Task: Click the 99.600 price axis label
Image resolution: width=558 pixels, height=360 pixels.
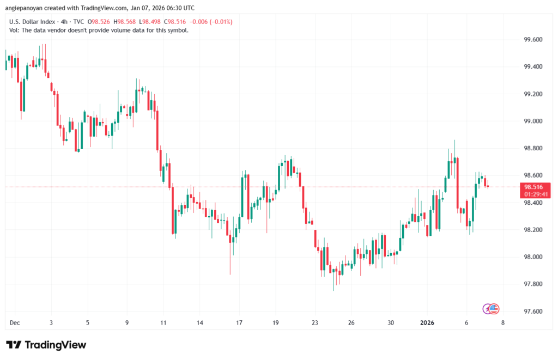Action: point(532,40)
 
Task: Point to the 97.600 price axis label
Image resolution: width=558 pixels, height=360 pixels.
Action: point(532,312)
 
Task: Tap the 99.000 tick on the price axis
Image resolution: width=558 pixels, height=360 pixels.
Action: point(532,121)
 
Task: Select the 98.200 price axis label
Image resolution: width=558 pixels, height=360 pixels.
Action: point(532,230)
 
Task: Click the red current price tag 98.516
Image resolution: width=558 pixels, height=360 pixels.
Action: point(536,186)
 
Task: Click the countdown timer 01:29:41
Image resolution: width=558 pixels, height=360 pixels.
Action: point(536,194)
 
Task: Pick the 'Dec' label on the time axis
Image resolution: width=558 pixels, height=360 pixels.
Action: point(14,323)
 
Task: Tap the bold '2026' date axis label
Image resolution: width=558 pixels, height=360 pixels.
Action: point(427,323)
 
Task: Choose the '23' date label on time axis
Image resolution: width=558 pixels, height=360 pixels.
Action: point(314,323)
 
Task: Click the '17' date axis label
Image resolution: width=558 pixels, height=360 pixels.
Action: point(239,323)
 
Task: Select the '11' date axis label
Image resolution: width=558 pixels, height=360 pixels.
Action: point(163,323)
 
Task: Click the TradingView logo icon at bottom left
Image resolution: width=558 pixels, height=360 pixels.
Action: point(14,345)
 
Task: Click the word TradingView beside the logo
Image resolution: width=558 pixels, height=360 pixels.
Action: point(55,345)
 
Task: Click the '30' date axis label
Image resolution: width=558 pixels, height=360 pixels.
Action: point(391,323)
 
